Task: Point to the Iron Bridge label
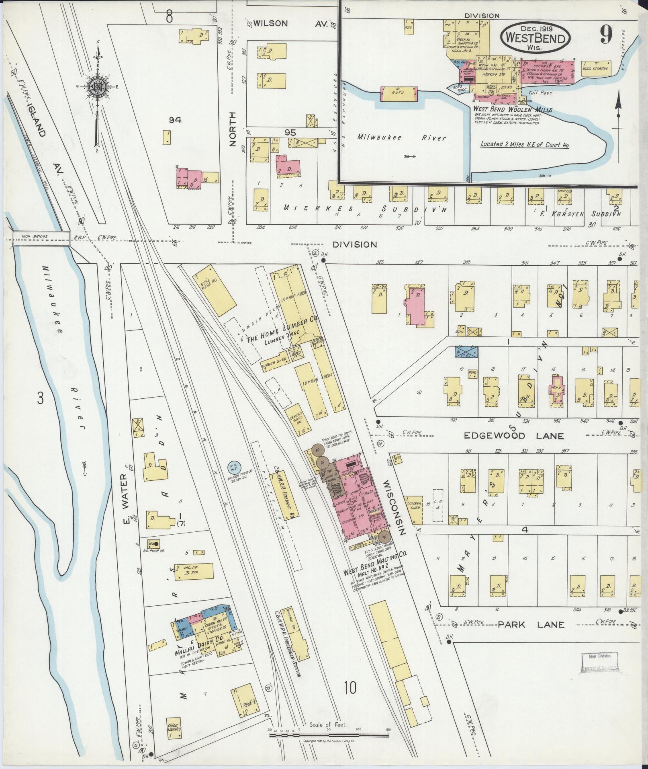[x=38, y=237]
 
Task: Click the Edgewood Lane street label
[x=514, y=436]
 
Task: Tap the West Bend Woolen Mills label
[x=512, y=109]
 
